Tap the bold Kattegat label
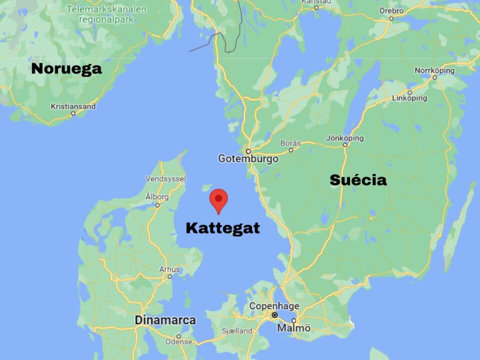coord(223,228)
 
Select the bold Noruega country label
coord(66,68)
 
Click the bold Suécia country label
coord(358,180)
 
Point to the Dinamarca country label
coord(165,320)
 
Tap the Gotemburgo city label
coord(248,158)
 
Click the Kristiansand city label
coord(73,106)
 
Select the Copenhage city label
coord(274,306)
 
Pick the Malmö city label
coord(293,328)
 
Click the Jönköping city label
coord(345,138)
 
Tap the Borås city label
coord(290,143)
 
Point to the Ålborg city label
coord(157,197)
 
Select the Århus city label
coord(169,269)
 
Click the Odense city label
coord(178,342)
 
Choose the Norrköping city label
coord(434,70)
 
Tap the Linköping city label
coord(409,98)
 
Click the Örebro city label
coord(391,10)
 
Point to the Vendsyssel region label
coord(165,178)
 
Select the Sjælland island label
coord(237,331)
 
